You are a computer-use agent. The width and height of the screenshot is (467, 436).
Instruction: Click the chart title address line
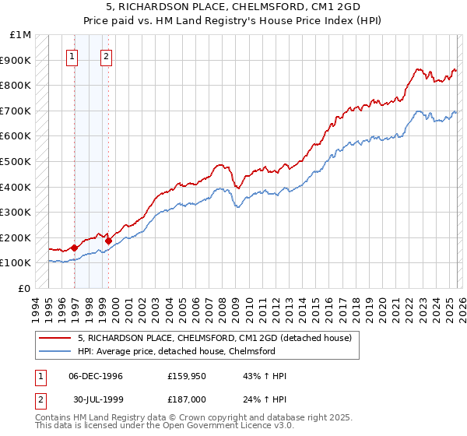tap(233, 7)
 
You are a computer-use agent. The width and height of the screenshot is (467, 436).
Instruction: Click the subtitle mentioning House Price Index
tap(233, 19)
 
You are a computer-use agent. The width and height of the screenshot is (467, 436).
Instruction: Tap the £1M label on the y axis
tap(21, 35)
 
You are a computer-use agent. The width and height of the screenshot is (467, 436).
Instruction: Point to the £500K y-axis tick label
tap(17, 162)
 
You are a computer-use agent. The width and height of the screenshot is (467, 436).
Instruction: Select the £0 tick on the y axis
tap(25, 288)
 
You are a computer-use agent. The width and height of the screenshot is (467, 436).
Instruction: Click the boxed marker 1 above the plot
tap(72, 56)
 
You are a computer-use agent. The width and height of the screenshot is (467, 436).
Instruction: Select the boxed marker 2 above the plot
tap(106, 56)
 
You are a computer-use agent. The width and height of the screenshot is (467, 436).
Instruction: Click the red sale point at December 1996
tap(75, 248)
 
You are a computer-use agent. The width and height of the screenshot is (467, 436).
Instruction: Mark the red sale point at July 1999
tap(108, 241)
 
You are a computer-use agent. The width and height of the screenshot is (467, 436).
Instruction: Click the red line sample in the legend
tap(55, 338)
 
